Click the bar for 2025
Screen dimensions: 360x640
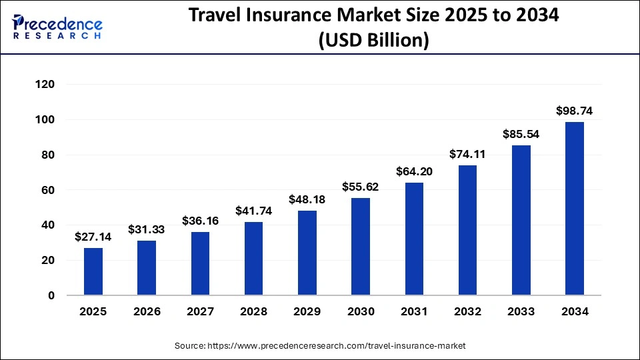[x=93, y=271]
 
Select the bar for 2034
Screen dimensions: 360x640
[x=574, y=209]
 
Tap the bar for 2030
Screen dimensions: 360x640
[x=361, y=247]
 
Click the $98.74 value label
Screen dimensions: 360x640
[x=574, y=111]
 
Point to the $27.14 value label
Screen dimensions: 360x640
[x=93, y=237]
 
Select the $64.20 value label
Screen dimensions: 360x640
[x=414, y=171]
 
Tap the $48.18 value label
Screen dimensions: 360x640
[x=307, y=199]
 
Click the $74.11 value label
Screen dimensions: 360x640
[x=467, y=154]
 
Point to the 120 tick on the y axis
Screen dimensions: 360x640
[x=45, y=85]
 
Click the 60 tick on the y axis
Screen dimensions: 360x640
[x=47, y=190]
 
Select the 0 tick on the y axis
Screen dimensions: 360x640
[x=51, y=295]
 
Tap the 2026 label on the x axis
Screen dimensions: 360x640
[x=147, y=311]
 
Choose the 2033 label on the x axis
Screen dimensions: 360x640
[x=521, y=311]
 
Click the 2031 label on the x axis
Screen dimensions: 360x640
[x=414, y=311]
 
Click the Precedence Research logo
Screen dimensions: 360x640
[x=57, y=27]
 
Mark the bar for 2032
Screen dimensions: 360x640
[x=467, y=230]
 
